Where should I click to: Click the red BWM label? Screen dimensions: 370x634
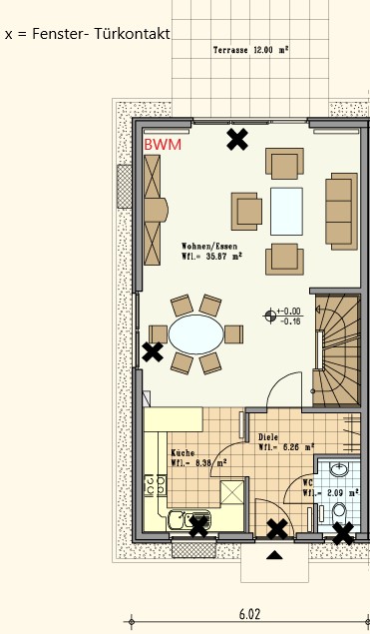point(163,145)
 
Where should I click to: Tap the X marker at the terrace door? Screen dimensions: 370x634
point(237,140)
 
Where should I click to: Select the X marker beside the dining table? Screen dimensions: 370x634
point(153,351)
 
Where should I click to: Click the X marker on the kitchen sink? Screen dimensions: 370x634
point(198,526)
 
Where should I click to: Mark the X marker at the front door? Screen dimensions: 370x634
point(278,529)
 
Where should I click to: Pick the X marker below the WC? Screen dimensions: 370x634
point(343,533)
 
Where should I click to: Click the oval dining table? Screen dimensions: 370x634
point(195,333)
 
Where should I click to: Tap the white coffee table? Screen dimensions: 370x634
point(286,211)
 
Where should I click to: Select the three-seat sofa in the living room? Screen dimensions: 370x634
point(342,212)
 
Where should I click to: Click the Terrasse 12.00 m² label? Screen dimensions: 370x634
point(250,50)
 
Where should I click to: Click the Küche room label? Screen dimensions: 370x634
point(183,453)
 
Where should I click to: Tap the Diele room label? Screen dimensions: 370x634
point(268,437)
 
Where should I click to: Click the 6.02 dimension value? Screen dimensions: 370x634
point(249,615)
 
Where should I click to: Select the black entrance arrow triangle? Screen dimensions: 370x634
point(274,555)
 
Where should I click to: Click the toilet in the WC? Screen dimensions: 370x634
point(338,512)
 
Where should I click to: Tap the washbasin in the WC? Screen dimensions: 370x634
point(339,469)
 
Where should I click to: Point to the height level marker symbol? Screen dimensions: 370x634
point(270,315)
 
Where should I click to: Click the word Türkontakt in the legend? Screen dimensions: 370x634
point(133,34)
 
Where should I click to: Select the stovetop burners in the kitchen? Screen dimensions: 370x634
point(156,484)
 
